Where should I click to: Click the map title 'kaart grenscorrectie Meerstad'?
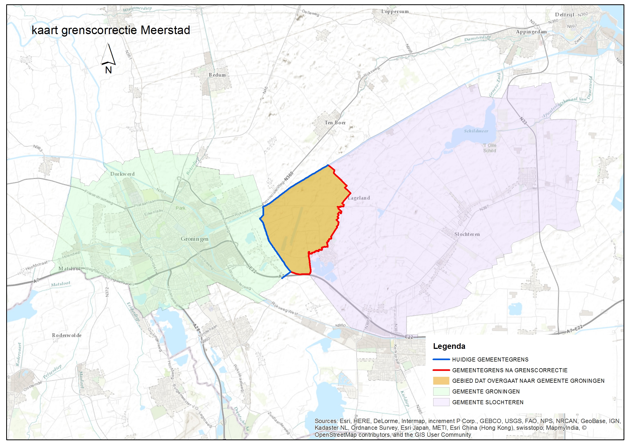(x=111, y=30)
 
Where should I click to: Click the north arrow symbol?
(x=108, y=55)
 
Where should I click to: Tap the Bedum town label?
(x=217, y=75)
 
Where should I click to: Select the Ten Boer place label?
(x=335, y=123)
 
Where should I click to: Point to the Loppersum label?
(x=395, y=12)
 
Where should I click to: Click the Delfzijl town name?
(x=564, y=15)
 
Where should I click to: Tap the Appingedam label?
(x=531, y=31)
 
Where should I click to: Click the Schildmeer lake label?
(x=476, y=131)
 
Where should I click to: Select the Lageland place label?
(x=359, y=198)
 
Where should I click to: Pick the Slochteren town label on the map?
(x=467, y=234)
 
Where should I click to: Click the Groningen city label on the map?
(x=195, y=239)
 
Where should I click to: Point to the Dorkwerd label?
(x=122, y=174)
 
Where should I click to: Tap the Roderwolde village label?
(x=67, y=335)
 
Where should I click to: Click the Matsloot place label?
(x=69, y=268)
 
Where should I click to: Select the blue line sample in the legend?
(x=441, y=359)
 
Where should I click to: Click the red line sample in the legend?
(x=441, y=370)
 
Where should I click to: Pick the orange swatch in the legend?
(x=441, y=381)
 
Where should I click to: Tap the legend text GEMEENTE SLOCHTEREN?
(x=488, y=402)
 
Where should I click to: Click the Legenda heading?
(x=449, y=346)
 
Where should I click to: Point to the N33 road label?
(x=524, y=120)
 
